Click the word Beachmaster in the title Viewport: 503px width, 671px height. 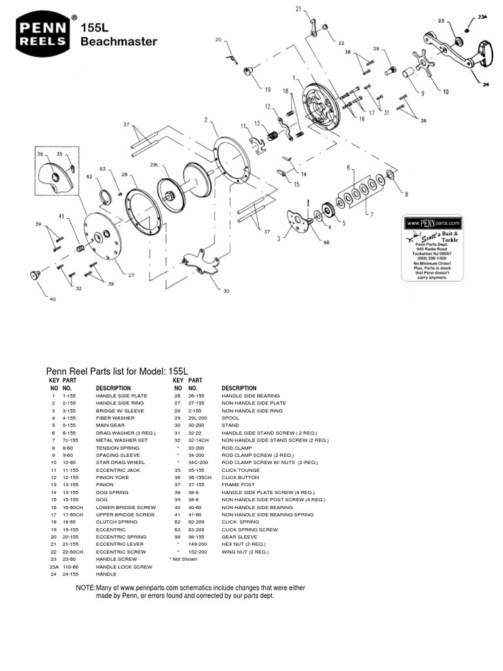(119, 41)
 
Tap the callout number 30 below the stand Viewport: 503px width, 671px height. (227, 291)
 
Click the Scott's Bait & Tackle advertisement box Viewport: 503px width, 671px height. (433, 248)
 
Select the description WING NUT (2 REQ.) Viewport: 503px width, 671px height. (246, 552)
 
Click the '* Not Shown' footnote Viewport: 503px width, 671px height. (183, 559)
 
